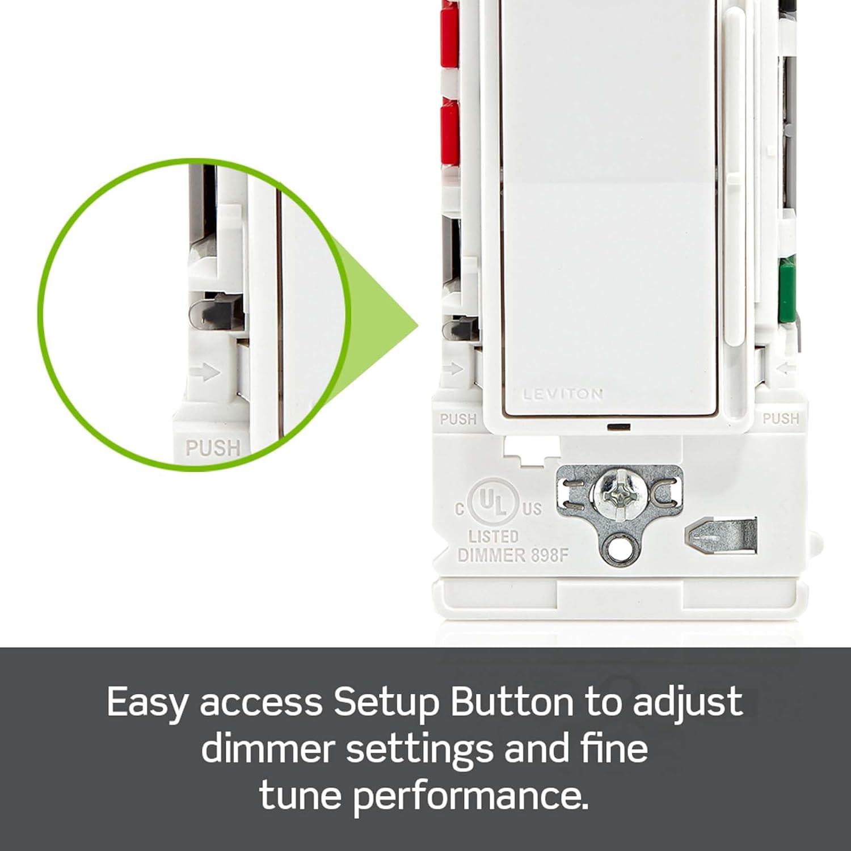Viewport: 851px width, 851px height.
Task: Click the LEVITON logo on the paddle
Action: pyautogui.click(x=562, y=394)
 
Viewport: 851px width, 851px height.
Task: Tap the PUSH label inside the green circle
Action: pyautogui.click(x=213, y=448)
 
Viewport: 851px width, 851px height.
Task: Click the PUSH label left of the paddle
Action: pyautogui.click(x=458, y=419)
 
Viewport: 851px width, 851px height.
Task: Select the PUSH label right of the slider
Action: pyautogui.click(x=781, y=419)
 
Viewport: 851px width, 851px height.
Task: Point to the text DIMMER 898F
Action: pyautogui.click(x=512, y=555)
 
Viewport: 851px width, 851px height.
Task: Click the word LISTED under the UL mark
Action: pyautogui.click(x=493, y=536)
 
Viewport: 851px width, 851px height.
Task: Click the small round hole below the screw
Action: pyautogui.click(x=614, y=549)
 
